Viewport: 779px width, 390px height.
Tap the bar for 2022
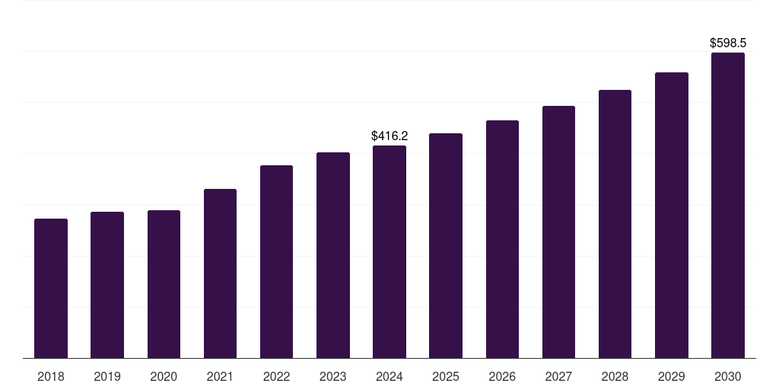[276, 261]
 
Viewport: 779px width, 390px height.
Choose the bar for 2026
[502, 239]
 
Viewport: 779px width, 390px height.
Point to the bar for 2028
[615, 224]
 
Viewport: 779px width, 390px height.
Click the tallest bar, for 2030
[727, 205]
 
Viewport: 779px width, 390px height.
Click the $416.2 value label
[389, 136]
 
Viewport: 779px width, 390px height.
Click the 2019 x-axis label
[107, 376]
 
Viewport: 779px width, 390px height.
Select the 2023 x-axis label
[332, 376]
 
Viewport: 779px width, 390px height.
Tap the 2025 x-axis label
[446, 376]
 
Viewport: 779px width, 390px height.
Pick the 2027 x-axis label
[558, 376]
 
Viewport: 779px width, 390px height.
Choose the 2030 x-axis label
[727, 376]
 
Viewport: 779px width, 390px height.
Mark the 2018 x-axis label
[51, 376]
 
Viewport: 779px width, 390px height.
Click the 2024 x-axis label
[389, 376]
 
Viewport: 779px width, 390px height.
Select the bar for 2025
[446, 245]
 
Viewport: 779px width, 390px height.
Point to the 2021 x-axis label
[220, 376]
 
